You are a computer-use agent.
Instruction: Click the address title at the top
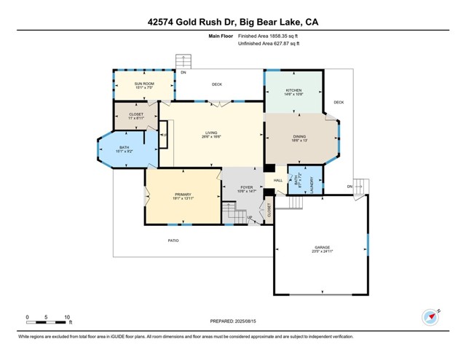232,23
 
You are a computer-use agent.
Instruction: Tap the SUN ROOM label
143,85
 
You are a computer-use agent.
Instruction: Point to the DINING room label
299,137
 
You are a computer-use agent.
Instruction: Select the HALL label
277,181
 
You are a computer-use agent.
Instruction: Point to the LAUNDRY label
312,182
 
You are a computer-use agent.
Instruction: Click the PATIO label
173,240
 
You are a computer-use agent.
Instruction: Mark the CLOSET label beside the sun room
136,115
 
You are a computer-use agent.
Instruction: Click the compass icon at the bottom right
431,317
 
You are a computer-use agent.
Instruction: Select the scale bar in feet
48,318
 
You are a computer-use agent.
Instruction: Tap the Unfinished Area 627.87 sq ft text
269,44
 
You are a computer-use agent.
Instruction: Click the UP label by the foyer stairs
250,217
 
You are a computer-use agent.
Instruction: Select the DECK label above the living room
216,85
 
